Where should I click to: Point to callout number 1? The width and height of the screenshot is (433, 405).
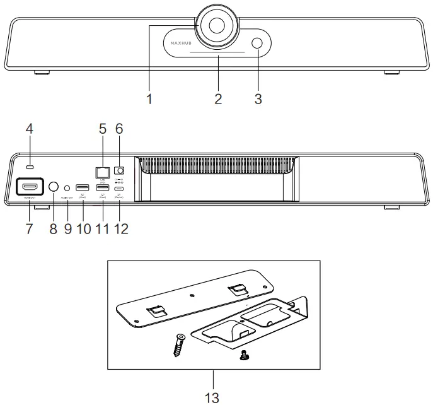pyautogui.click(x=149, y=99)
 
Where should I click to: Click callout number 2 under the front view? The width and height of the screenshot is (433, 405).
pyautogui.click(x=218, y=99)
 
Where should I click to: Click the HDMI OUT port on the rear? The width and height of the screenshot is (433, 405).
pyautogui.click(x=30, y=187)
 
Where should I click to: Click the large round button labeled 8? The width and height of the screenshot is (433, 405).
pyautogui.click(x=54, y=187)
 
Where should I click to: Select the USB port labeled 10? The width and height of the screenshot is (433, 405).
pyautogui.click(x=83, y=187)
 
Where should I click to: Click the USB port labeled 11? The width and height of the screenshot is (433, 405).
pyautogui.click(x=101, y=187)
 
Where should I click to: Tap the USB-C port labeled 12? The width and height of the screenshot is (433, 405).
pyautogui.click(x=118, y=187)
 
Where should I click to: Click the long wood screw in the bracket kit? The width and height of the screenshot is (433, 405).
pyautogui.click(x=178, y=345)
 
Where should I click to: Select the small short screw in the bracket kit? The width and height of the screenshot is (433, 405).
pyautogui.click(x=242, y=356)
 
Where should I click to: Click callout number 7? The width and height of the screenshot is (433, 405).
pyautogui.click(x=30, y=227)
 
